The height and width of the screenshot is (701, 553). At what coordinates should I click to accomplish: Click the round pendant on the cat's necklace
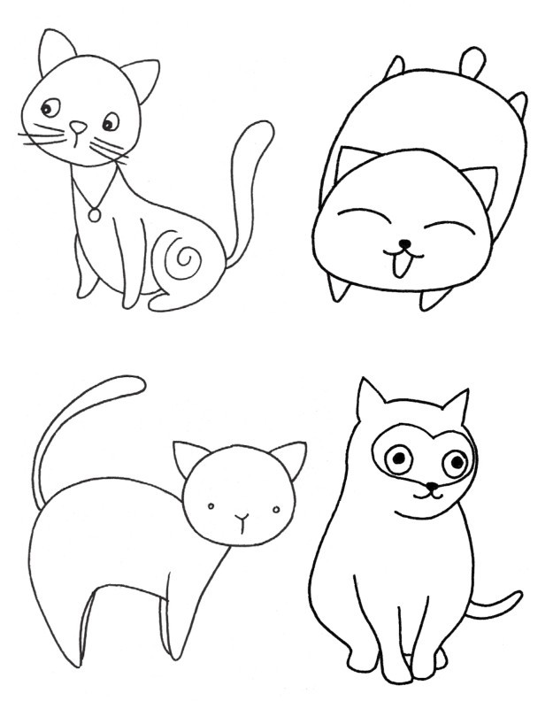[x=93, y=213]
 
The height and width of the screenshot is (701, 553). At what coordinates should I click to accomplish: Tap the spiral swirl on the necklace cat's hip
[x=185, y=258]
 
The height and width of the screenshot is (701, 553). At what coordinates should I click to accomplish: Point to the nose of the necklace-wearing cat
[x=78, y=127]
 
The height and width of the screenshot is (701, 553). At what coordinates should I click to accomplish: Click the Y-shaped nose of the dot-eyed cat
[x=241, y=517]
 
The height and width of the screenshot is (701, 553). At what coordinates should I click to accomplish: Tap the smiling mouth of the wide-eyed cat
[x=429, y=497]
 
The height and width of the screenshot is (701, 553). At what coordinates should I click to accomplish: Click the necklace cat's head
[x=84, y=106]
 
